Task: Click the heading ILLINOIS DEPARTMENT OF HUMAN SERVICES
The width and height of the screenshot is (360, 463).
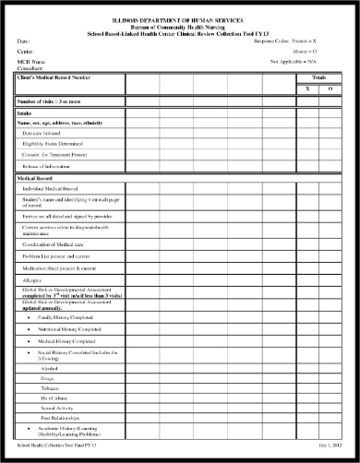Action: tap(180, 19)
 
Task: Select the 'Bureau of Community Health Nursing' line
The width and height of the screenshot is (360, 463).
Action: tap(180, 27)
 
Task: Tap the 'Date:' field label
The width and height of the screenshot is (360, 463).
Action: tap(24, 42)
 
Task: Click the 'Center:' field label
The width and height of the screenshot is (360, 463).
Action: tap(26, 53)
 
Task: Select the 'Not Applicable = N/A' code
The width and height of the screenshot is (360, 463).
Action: tap(300, 62)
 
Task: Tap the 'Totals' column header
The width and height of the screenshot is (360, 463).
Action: tap(318, 78)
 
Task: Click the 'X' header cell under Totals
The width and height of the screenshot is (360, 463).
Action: tap(307, 89)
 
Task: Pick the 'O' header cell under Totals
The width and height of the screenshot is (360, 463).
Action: tap(330, 89)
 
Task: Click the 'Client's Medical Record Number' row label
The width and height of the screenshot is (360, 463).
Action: tap(55, 77)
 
